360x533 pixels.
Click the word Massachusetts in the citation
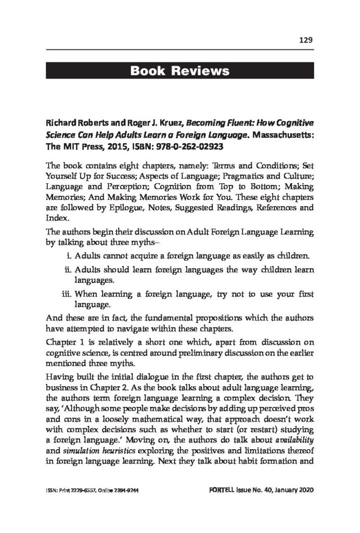pyautogui.click(x=279, y=134)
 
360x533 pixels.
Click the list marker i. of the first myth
pyautogui.click(x=69, y=256)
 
